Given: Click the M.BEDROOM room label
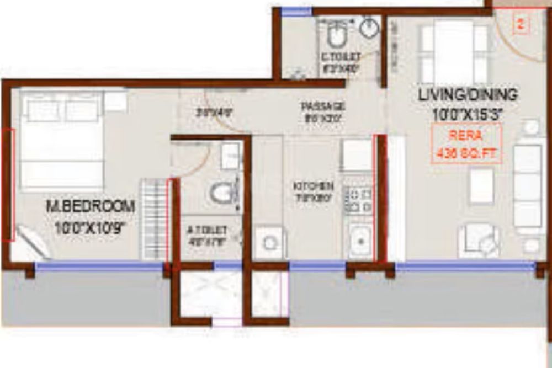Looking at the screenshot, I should click(91, 207).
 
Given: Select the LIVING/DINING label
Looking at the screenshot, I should click(468, 94).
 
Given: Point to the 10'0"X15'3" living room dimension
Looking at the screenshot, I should click(468, 114).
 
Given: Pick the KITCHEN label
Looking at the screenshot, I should click(313, 185).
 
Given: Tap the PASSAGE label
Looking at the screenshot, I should click(323, 106).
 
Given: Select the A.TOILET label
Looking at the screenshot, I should click(206, 230).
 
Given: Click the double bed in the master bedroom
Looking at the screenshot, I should click(62, 141).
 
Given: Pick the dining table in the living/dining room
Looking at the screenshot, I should click(454, 51).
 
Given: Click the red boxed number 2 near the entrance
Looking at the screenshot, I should click(521, 24).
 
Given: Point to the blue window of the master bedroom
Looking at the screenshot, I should click(99, 266).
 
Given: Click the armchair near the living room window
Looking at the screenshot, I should click(478, 240).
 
